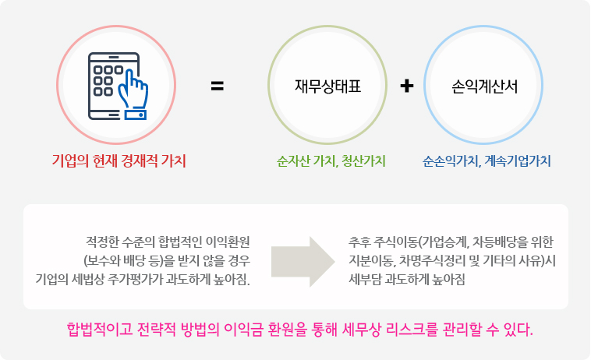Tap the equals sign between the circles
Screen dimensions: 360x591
(x=218, y=86)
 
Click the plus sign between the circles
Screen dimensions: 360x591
(x=406, y=86)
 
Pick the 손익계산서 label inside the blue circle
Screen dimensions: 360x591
(x=485, y=86)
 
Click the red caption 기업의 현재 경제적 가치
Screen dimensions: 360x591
(x=119, y=161)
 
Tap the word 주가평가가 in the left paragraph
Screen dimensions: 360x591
(x=158, y=278)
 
